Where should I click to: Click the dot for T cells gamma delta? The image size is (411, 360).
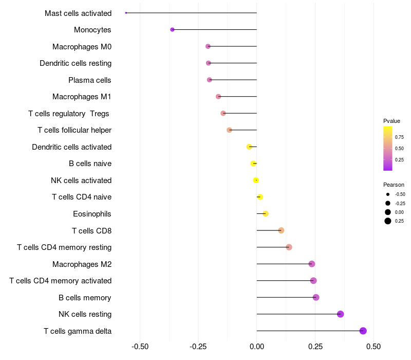click(363, 331)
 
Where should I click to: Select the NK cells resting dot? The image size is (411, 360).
click(340, 314)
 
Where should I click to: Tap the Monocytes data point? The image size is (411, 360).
click(173, 30)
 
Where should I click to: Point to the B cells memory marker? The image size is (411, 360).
click(316, 297)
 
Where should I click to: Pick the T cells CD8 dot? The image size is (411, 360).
click(281, 230)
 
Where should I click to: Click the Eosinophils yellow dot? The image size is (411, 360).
click(266, 213)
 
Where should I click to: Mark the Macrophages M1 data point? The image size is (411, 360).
click(218, 97)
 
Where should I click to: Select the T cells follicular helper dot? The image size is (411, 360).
click(229, 130)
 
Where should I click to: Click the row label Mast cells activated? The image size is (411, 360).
click(78, 13)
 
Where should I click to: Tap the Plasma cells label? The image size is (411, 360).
click(90, 80)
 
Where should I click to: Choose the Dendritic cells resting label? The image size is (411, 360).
click(76, 63)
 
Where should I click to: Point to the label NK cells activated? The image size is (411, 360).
click(81, 181)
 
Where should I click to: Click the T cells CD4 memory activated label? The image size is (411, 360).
click(61, 281)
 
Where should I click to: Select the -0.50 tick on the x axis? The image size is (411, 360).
click(140, 347)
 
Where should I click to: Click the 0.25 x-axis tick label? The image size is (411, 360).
click(315, 347)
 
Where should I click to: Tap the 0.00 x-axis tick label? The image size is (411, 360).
click(257, 347)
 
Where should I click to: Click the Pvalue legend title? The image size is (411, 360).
click(391, 121)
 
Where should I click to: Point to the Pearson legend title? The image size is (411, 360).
click(394, 185)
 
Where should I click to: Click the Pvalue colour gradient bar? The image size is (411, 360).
click(388, 148)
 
